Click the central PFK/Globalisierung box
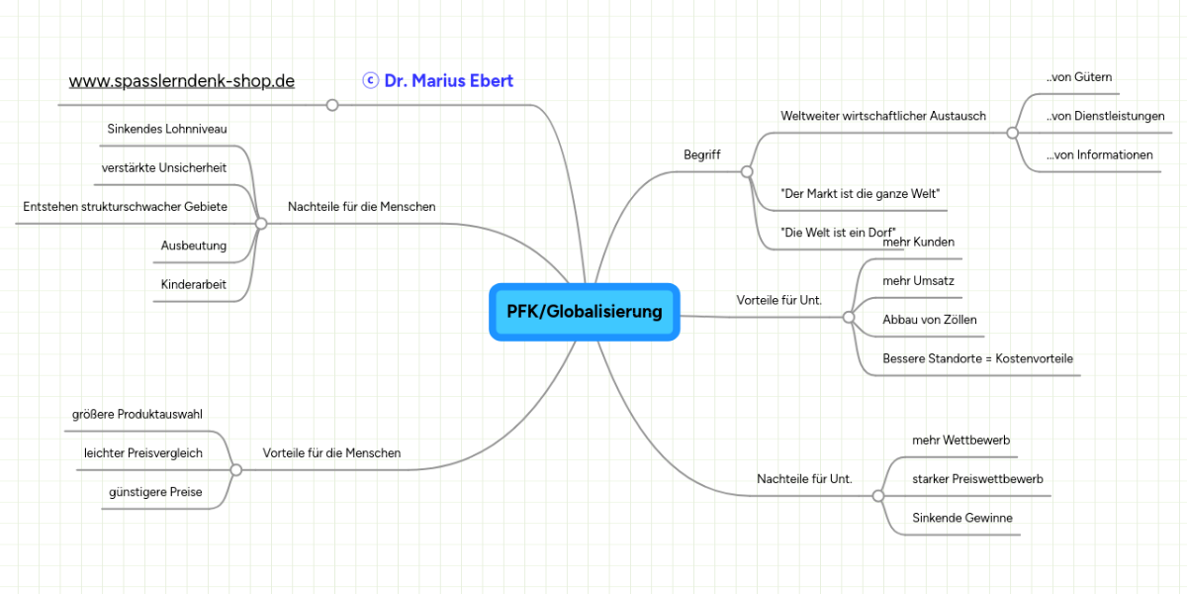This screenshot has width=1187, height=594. (x=584, y=312)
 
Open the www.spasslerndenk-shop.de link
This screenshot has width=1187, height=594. (x=182, y=81)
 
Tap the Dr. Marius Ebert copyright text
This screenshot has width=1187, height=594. (x=438, y=81)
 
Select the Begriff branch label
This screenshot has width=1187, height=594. (x=702, y=155)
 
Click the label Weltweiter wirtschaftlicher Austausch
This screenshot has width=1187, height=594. (x=883, y=116)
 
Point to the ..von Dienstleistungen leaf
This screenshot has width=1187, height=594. (x=1105, y=116)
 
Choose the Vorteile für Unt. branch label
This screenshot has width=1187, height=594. (x=779, y=300)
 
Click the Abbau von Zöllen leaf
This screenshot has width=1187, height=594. (x=930, y=320)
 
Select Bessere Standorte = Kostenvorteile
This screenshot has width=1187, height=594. (x=977, y=358)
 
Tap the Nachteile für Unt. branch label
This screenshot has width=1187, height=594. (x=804, y=479)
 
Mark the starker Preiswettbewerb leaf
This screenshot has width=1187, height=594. (x=977, y=479)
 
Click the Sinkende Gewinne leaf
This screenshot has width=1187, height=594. (x=962, y=518)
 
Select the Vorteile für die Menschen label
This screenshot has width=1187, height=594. (x=331, y=453)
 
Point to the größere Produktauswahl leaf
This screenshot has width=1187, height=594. (x=137, y=414)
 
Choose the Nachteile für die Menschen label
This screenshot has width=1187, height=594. (x=361, y=207)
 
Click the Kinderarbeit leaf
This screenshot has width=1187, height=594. (x=194, y=285)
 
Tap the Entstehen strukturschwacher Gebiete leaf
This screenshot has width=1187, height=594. (x=126, y=207)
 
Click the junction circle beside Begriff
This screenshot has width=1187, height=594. (x=747, y=172)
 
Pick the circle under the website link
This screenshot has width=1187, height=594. (x=332, y=105)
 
